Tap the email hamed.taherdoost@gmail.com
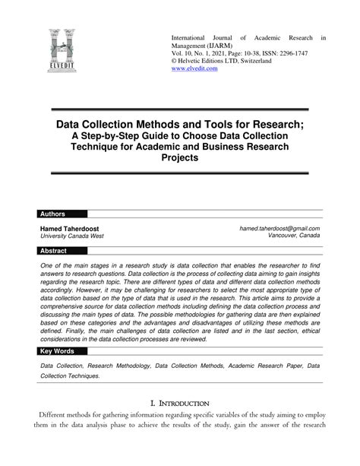tap(279, 228)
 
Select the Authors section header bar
tap(179, 214)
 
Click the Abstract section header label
tap(54, 250)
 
